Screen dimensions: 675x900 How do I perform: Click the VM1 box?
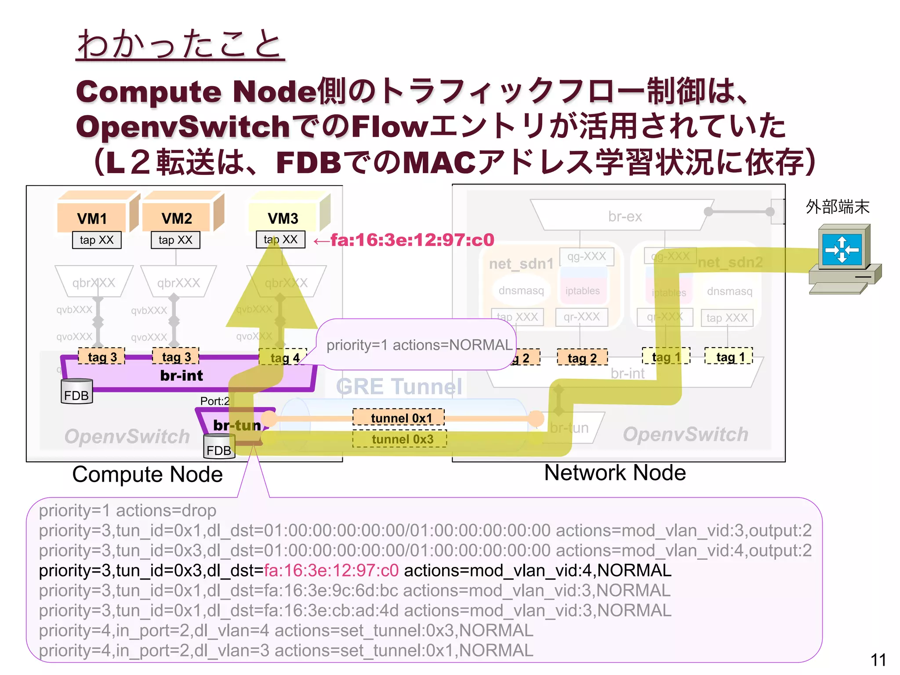(92, 218)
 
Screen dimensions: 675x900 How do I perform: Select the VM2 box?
(177, 218)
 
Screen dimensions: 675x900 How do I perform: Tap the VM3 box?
(283, 218)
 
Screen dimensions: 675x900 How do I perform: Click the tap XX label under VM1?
(97, 240)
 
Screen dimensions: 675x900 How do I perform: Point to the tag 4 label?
(284, 358)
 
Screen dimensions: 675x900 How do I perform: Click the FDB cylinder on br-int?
(76, 392)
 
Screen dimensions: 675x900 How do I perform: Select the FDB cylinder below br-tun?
(219, 447)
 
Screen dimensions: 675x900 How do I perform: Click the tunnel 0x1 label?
(399, 417)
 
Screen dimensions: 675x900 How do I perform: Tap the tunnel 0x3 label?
(400, 439)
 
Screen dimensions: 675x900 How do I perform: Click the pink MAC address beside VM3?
(412, 240)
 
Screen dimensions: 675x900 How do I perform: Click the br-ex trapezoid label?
(624, 216)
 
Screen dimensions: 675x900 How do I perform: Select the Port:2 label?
(214, 401)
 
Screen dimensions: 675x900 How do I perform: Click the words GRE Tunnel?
(399, 387)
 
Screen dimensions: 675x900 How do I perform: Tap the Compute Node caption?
(147, 475)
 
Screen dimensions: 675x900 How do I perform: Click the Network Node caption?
(615, 473)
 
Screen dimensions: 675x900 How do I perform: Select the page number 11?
(878, 660)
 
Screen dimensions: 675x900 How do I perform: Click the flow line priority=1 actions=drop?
(127, 511)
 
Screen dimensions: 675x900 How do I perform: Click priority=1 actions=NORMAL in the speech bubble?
(419, 345)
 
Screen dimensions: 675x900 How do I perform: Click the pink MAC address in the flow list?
(331, 570)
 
